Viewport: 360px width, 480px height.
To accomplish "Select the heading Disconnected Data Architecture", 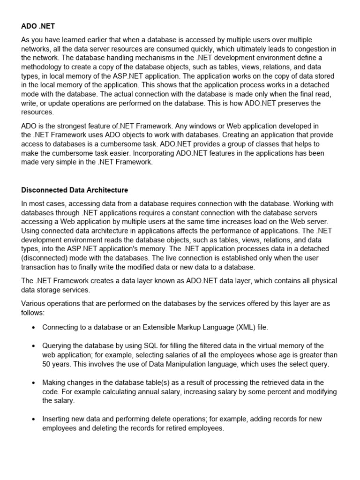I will [75, 190].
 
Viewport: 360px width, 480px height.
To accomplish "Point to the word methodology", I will [43, 67].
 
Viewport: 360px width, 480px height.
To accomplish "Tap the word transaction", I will [40, 267].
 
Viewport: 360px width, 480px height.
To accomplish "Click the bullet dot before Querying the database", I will [34, 345].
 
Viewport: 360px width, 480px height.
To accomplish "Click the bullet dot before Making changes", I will [34, 382].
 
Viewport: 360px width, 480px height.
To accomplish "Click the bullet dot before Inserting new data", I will [34, 419].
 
